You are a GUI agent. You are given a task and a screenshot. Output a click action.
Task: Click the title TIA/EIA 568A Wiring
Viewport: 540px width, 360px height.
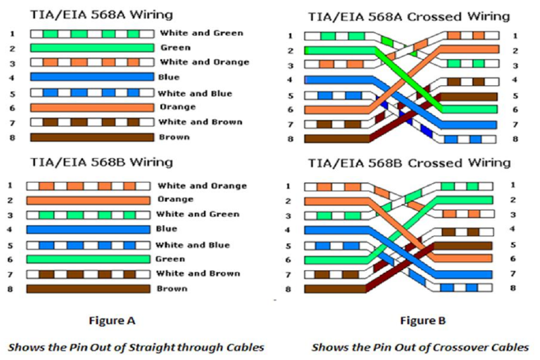[x=101, y=15]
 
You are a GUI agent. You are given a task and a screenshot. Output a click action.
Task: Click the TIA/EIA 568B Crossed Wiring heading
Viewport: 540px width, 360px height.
[x=409, y=163]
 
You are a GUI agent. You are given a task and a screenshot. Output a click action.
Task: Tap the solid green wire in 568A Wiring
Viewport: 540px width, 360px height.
[x=92, y=48]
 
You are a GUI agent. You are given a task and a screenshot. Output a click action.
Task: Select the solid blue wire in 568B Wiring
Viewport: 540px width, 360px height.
[x=88, y=230]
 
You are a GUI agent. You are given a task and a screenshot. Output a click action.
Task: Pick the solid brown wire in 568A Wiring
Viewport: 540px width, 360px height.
[x=92, y=138]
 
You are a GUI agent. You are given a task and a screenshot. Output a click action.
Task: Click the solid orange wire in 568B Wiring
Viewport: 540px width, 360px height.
[x=88, y=201]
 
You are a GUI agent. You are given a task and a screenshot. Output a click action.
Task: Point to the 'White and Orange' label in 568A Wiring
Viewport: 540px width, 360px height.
[x=205, y=62]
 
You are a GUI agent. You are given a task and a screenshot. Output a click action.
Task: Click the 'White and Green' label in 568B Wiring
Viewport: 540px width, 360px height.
[x=198, y=214]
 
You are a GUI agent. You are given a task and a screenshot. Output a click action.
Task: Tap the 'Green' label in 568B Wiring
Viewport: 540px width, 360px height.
[x=170, y=259]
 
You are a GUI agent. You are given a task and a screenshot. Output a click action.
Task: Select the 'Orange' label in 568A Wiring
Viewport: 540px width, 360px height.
[x=178, y=107]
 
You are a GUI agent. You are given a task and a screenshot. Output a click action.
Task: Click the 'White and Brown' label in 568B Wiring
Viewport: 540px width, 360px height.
[x=198, y=274]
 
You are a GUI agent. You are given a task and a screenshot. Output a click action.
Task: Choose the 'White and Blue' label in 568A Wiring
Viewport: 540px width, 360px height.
[x=195, y=94]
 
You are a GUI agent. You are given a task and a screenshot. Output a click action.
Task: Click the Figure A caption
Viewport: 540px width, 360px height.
[x=112, y=321]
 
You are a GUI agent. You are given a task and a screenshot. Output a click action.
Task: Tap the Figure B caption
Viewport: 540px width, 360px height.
[x=423, y=321]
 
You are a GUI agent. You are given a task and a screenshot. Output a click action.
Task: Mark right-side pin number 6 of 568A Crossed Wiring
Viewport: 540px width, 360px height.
[x=515, y=110]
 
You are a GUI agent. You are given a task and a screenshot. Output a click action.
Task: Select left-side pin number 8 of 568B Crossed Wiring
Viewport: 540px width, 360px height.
[x=288, y=289]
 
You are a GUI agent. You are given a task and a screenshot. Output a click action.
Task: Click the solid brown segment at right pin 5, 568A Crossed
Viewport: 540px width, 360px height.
[x=468, y=97]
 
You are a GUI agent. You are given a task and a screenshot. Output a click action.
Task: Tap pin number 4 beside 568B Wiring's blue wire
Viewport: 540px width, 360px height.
[x=10, y=230]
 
